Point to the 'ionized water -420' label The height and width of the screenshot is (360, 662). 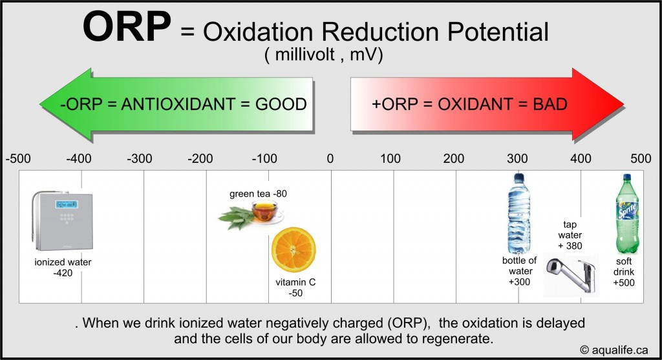(63, 268)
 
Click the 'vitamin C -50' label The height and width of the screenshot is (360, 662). (295, 288)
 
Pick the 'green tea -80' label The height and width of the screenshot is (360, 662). (257, 194)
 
